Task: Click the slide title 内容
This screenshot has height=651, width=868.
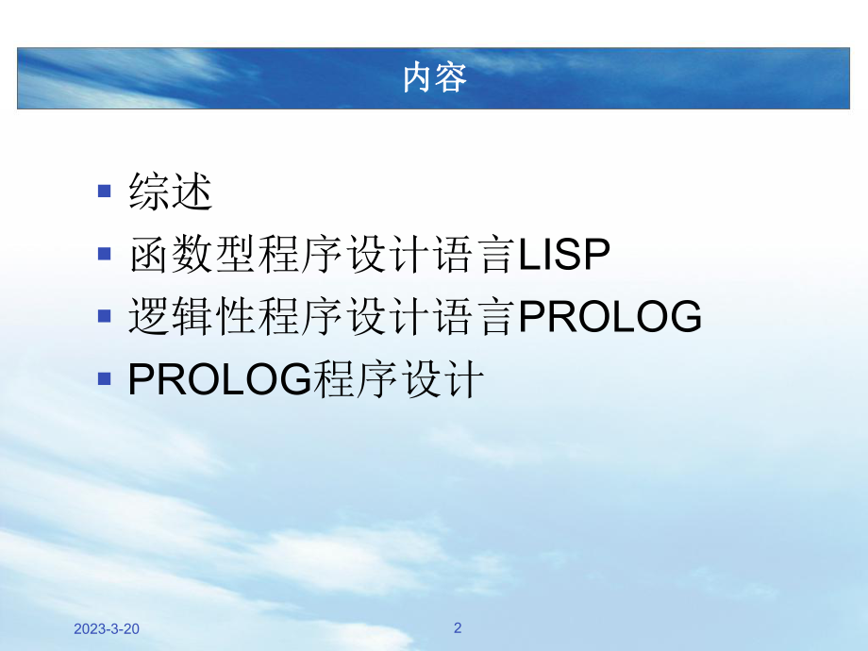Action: (434, 78)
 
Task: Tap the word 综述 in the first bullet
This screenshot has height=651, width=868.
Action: (171, 192)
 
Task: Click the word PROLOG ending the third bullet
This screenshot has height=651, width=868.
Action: (610, 319)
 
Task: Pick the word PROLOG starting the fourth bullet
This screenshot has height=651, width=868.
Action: (219, 381)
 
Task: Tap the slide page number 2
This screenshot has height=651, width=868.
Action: (458, 627)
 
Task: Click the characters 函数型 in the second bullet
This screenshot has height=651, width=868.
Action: (192, 256)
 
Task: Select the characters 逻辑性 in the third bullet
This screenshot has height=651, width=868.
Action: (192, 319)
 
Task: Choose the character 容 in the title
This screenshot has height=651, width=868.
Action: (451, 78)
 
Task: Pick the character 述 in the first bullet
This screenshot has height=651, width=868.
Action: (192, 192)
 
